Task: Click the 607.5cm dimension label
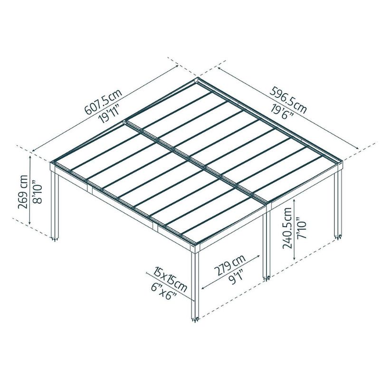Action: tap(103, 101)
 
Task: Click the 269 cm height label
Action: tap(23, 192)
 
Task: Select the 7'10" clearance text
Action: tap(302, 228)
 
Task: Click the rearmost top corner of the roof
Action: tap(198, 78)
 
